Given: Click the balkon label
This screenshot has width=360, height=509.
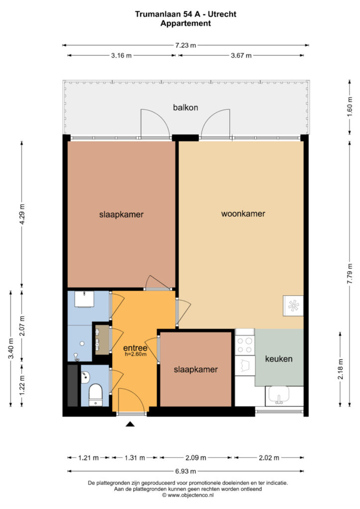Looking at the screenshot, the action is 185,107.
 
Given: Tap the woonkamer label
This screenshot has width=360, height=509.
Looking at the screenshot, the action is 243,214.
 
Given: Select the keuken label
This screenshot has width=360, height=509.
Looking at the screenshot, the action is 278,359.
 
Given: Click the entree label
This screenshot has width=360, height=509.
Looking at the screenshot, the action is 135,348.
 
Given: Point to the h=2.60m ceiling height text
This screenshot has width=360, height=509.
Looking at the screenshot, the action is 136,354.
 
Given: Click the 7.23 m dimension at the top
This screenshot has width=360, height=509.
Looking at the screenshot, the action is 185,45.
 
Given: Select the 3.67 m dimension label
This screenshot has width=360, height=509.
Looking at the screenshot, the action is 241,56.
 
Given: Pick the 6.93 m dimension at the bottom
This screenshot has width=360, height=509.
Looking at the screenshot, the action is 185,471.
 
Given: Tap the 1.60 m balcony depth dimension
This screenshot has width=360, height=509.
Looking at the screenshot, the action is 350,107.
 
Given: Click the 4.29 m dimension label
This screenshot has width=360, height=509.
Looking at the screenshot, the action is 22,214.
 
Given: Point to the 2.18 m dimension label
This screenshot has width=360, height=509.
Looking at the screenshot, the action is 340,369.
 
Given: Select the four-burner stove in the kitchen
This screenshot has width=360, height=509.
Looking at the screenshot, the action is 245,345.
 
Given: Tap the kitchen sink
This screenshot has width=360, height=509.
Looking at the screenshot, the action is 278,395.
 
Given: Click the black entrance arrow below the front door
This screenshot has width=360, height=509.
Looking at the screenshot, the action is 130,424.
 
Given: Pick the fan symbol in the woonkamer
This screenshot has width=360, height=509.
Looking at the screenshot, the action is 293,306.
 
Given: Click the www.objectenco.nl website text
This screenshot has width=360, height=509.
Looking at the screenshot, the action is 188,495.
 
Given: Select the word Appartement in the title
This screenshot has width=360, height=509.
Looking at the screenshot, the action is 185,23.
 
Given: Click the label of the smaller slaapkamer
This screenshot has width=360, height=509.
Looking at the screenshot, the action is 196,369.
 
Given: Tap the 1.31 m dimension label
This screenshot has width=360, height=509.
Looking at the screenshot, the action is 135,458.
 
